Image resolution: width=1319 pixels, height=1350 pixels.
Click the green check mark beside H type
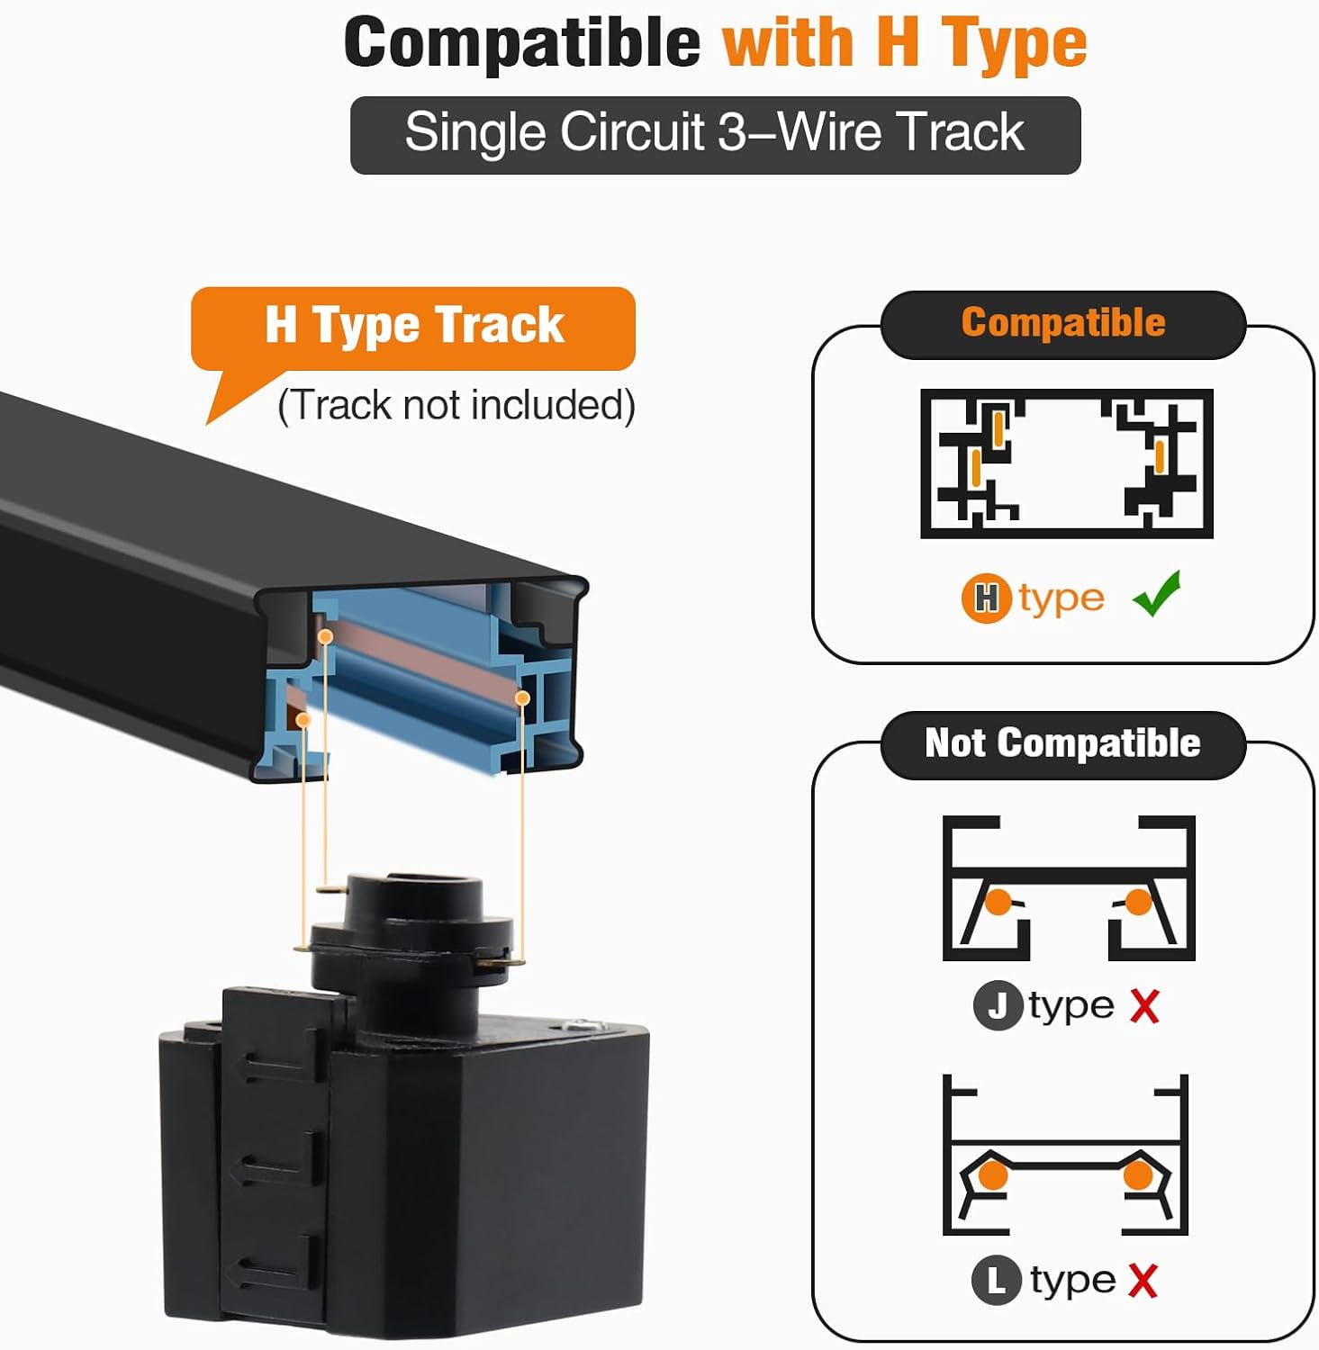tap(1158, 594)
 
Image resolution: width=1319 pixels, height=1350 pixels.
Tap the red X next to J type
tap(1144, 1006)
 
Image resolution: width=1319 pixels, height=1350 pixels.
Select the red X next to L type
tap(1143, 1281)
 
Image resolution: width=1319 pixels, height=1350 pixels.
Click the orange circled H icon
tap(987, 598)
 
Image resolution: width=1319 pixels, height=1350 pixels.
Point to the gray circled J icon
tap(998, 1005)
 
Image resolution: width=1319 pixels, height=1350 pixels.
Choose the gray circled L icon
tap(997, 1280)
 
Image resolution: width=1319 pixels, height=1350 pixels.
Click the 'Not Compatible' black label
tap(1063, 744)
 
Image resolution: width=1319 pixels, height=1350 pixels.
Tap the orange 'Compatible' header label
tap(1063, 323)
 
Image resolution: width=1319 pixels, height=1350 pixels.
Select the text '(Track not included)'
tap(456, 405)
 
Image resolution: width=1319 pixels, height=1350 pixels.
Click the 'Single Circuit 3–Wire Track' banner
tap(715, 135)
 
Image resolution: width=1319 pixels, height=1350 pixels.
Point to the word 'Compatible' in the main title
tap(522, 42)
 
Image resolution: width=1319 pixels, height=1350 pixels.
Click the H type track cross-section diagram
tap(1067, 463)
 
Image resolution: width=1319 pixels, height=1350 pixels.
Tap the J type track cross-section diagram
tap(1069, 888)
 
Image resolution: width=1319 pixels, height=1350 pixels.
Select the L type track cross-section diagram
tap(1065, 1155)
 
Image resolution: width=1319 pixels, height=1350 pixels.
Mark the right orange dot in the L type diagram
tap(1138, 1175)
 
